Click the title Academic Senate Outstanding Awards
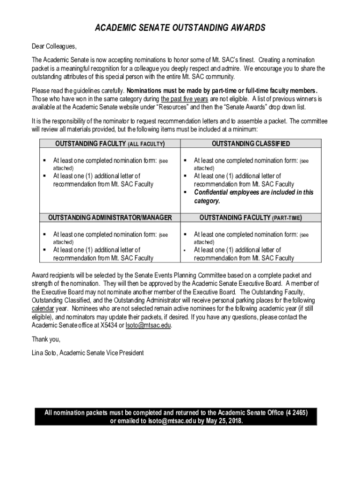point(180,28)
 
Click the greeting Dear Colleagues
point(54,46)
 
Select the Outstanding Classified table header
point(251,144)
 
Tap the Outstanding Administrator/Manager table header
point(110,218)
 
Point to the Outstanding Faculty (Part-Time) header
point(251,218)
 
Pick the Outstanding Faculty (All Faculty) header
point(110,144)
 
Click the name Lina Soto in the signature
point(44,353)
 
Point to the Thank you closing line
point(46,339)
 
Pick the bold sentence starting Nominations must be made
point(223,91)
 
